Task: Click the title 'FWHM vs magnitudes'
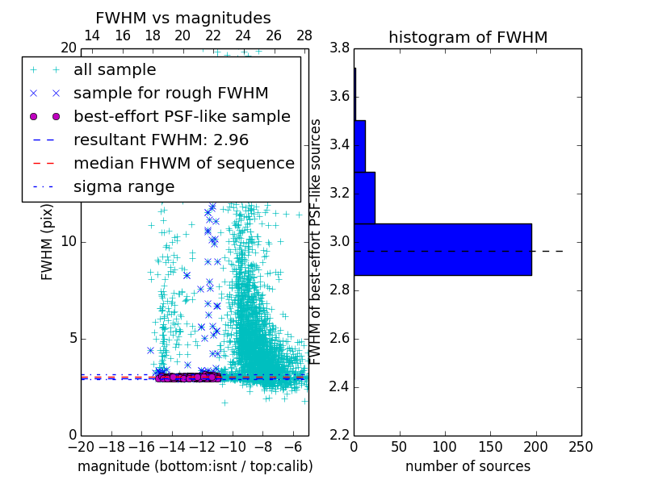pyautogui.click(x=183, y=18)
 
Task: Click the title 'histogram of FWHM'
pyautogui.click(x=468, y=37)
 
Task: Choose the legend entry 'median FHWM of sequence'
pyautogui.click(x=184, y=163)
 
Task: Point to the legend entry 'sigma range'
pyautogui.click(x=124, y=186)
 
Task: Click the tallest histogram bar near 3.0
pyautogui.click(x=443, y=249)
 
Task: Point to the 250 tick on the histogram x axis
pyautogui.click(x=581, y=446)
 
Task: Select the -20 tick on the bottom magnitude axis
pyautogui.click(x=81, y=446)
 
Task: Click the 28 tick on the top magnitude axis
pyautogui.click(x=304, y=36)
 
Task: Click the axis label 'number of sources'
pyautogui.click(x=468, y=466)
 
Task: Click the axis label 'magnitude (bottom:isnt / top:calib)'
pyautogui.click(x=195, y=466)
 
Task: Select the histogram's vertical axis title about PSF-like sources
pyautogui.click(x=317, y=241)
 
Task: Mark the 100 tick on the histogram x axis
pyautogui.click(x=445, y=446)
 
